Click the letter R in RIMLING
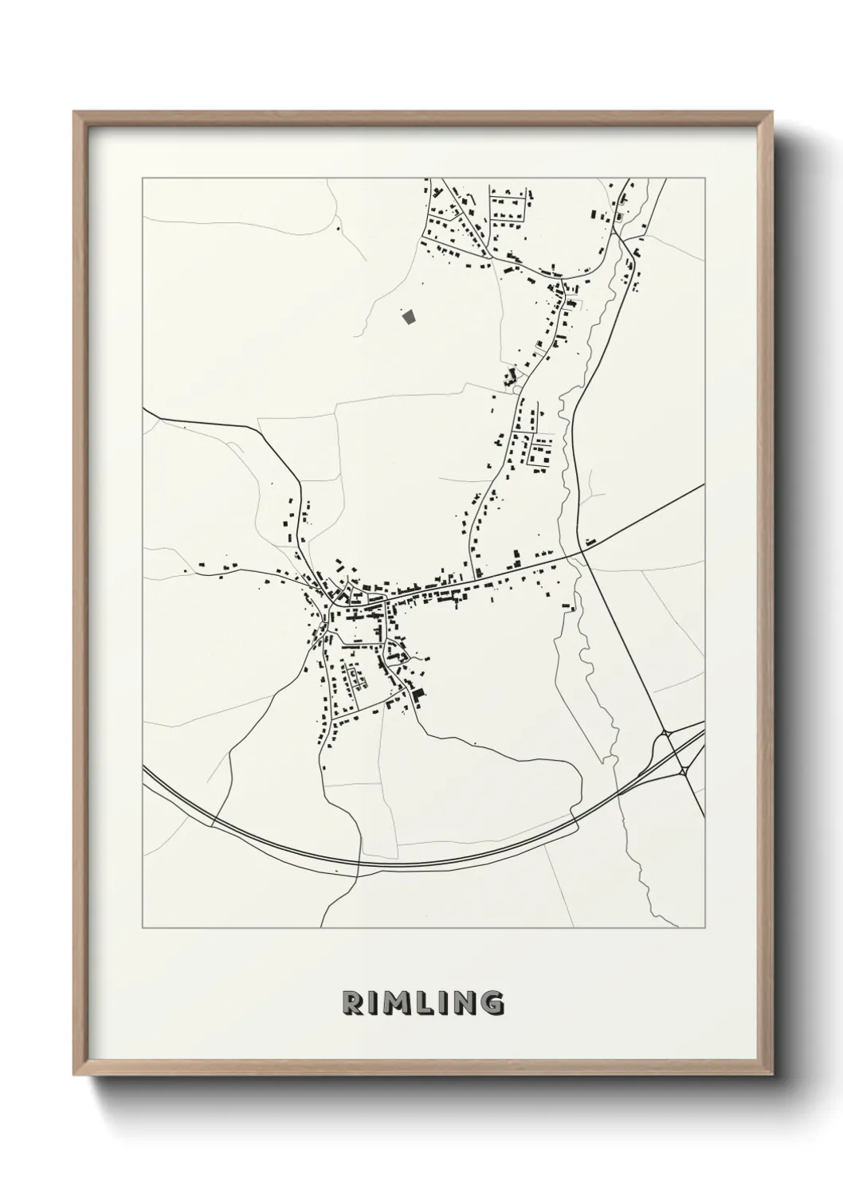pos(351,1003)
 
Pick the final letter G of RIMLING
pos(493,1003)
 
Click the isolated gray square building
pos(410,317)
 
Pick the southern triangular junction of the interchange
pos(684,770)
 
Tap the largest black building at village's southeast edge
pos(418,695)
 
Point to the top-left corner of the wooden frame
pos(74,112)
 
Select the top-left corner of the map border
pos(143,178)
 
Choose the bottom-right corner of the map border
pos(705,928)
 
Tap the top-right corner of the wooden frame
pos(772,112)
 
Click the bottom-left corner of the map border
pos(143,928)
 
